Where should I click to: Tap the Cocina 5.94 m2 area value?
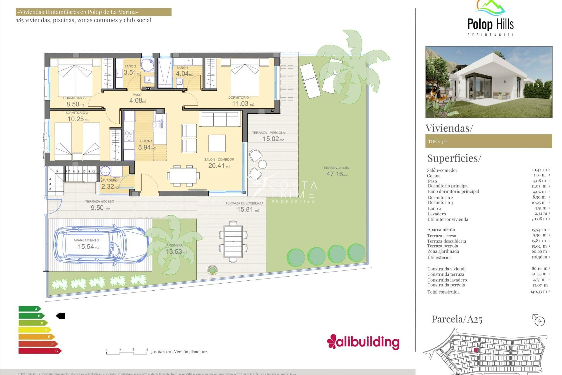pos(147,147)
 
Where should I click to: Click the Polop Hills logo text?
pos(490,24)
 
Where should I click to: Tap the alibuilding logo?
pos(363,342)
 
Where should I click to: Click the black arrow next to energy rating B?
pos(61,316)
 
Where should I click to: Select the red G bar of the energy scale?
pos(40,351)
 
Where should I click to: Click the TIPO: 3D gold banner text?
pos(437,142)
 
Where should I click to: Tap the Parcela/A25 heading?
pos(457,319)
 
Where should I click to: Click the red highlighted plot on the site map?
pos(475,350)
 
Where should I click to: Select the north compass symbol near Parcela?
pos(539,320)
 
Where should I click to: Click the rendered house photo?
pos(489,82)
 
